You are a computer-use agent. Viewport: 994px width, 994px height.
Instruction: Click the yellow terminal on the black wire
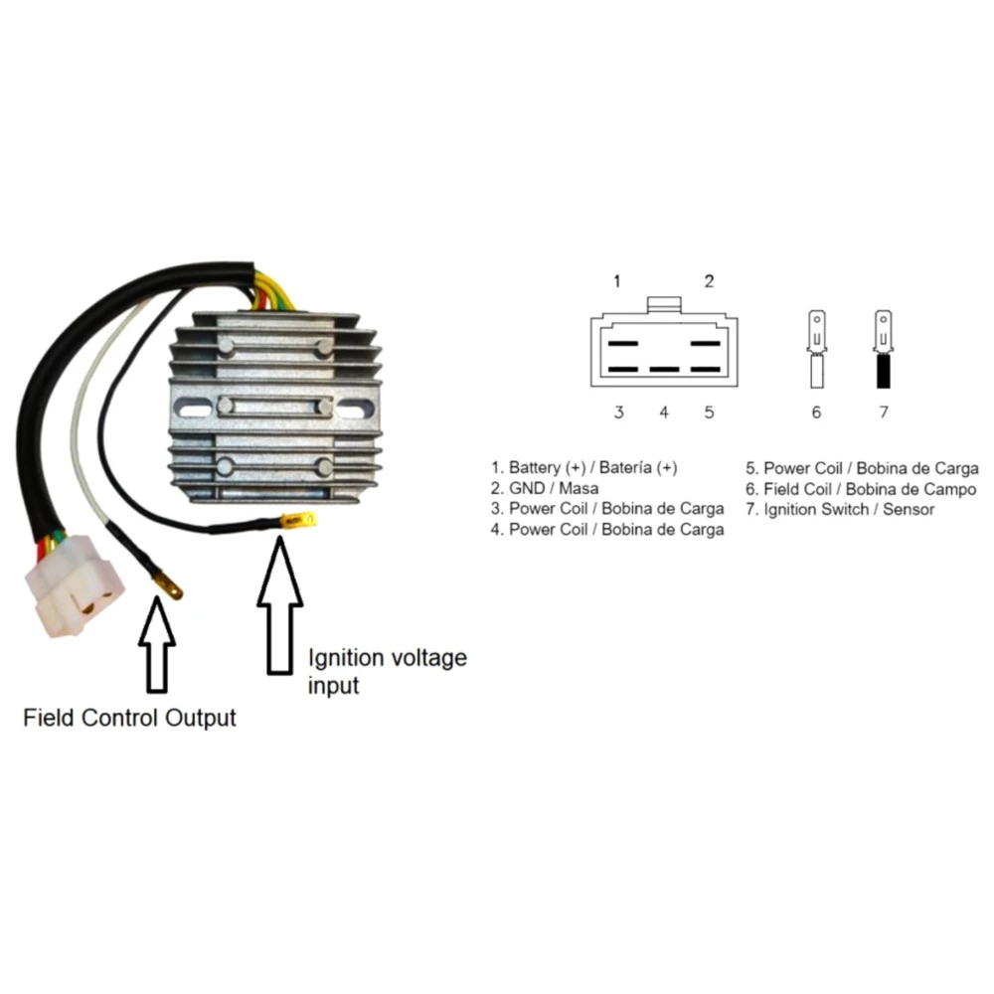299,519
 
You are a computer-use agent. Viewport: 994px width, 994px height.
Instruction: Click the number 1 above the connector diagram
617,281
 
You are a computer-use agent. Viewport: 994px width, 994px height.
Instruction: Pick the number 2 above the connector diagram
709,281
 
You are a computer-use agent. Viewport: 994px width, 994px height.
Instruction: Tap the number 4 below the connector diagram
663,413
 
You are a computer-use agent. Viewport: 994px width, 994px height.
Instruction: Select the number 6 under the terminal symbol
816,413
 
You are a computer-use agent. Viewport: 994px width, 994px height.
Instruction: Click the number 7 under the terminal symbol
883,413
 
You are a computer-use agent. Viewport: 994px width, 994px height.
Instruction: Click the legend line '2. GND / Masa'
545,488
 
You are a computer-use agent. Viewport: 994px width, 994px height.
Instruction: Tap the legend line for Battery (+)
584,467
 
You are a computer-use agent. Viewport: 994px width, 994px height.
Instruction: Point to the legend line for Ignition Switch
840,510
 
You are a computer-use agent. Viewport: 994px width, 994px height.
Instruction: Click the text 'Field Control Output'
130,718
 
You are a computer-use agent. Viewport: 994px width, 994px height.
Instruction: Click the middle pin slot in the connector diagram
663,369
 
